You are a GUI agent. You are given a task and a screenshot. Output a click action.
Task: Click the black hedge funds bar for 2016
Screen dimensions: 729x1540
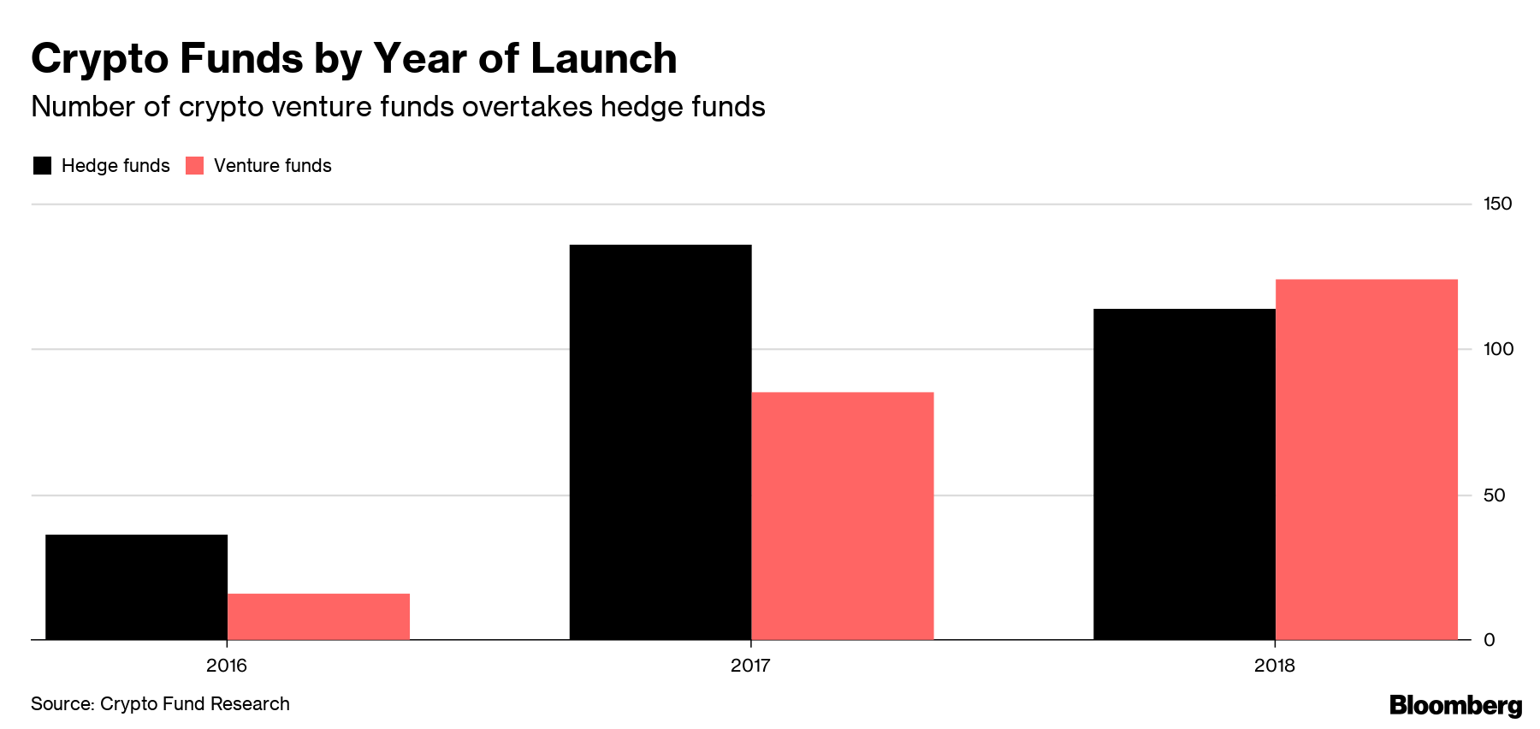click(136, 587)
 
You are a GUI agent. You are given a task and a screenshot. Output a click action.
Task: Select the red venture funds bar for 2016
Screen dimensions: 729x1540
click(318, 616)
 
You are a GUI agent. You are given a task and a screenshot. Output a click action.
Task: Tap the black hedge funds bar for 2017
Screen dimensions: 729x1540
click(660, 442)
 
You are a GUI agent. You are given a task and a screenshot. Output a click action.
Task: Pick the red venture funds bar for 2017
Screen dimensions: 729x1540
click(842, 515)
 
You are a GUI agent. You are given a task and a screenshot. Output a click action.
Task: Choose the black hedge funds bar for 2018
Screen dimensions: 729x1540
click(1184, 474)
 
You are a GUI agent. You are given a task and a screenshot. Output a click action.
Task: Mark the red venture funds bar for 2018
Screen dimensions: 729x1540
click(1366, 459)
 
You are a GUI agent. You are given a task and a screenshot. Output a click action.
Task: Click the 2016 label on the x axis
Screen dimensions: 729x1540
click(227, 666)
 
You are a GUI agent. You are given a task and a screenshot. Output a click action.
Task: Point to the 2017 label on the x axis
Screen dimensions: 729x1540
click(750, 666)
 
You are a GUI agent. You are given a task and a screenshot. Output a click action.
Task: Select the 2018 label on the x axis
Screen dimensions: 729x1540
click(1275, 666)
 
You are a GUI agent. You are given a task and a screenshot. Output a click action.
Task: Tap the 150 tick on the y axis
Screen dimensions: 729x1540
click(1497, 204)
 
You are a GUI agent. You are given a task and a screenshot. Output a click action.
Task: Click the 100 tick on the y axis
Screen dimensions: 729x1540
click(1497, 349)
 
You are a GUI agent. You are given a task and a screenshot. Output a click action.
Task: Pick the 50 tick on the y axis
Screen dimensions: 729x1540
click(1494, 495)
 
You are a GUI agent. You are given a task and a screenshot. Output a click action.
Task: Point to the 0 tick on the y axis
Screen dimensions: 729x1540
click(1490, 640)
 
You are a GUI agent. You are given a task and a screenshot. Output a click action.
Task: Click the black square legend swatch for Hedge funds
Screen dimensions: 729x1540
click(42, 166)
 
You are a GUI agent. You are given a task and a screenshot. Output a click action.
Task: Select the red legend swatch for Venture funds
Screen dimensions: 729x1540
click(195, 166)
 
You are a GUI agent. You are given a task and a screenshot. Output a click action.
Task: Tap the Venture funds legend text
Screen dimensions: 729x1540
click(272, 166)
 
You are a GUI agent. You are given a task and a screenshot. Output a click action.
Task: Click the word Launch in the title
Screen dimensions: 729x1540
click(603, 59)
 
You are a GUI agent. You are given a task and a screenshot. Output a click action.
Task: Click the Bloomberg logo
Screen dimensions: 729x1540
click(1455, 705)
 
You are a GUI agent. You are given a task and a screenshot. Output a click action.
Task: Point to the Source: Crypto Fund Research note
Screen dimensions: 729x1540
click(160, 704)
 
